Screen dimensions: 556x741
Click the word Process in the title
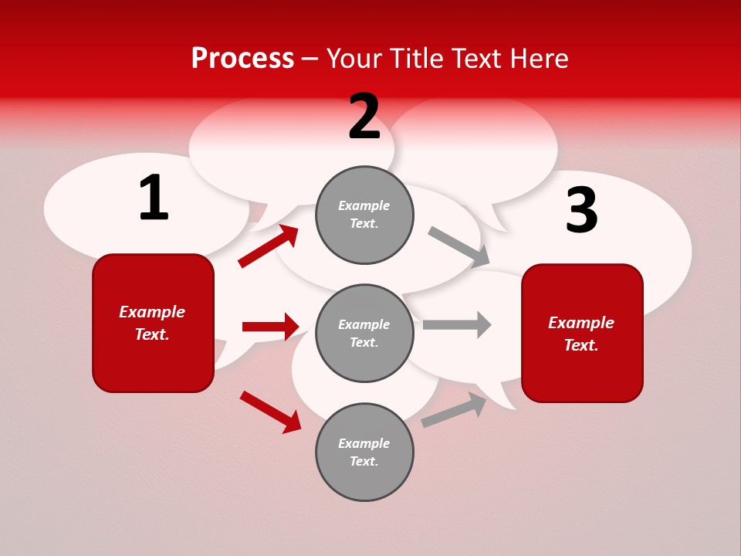coord(242,59)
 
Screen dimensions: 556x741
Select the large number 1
coord(154,198)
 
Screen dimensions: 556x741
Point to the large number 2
coord(364,117)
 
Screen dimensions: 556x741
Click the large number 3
coord(581,211)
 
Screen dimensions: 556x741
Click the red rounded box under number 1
coord(153,323)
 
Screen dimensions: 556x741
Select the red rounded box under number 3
coord(582,333)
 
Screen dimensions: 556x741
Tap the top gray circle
coord(364,215)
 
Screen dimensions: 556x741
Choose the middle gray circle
coord(364,333)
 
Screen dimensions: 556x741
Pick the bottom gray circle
coord(364,452)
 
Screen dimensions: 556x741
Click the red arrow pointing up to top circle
coord(269,246)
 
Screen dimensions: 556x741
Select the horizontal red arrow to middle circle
coord(270,327)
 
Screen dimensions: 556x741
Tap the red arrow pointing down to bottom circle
coord(271,412)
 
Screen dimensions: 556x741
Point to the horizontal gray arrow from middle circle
coord(457,324)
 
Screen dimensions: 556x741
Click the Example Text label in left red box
coord(152,323)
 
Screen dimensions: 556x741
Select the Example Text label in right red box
coord(581,334)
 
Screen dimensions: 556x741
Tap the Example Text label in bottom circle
coord(364,452)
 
